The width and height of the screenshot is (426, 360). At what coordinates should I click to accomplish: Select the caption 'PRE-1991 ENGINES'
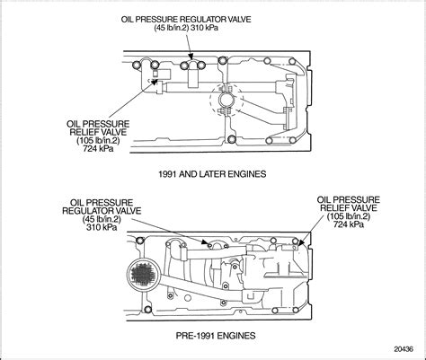click(x=212, y=334)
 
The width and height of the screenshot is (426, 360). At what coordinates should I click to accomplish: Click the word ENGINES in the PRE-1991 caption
click(x=238, y=334)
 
